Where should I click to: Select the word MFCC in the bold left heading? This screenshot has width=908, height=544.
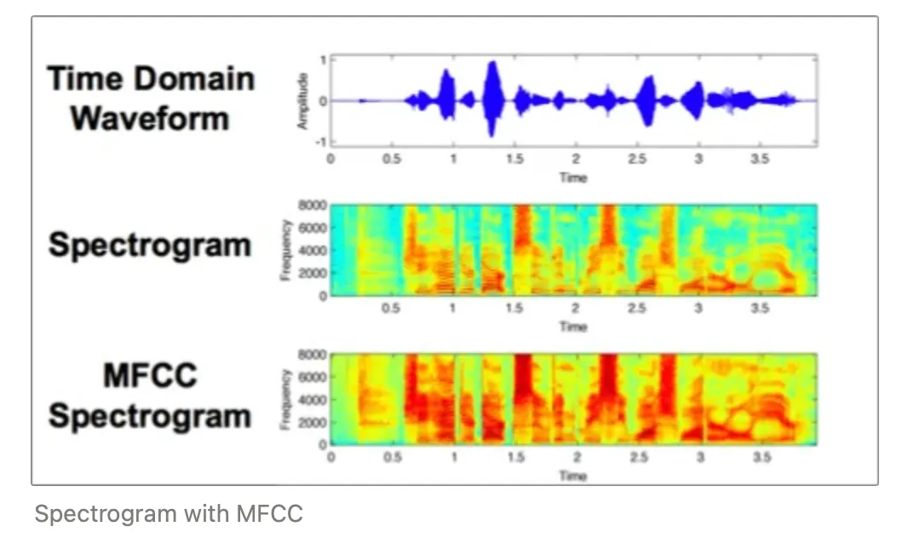click(151, 374)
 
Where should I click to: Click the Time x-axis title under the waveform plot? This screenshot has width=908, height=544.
click(572, 177)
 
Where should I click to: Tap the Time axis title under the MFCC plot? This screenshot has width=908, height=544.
click(572, 475)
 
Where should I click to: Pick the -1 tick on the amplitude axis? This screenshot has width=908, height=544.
click(321, 141)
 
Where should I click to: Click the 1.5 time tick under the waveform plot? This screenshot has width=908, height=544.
click(514, 159)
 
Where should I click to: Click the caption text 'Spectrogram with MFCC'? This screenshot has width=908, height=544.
click(169, 514)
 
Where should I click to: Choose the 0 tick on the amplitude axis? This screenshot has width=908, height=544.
click(323, 101)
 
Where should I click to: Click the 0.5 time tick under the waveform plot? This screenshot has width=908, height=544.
click(391, 159)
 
